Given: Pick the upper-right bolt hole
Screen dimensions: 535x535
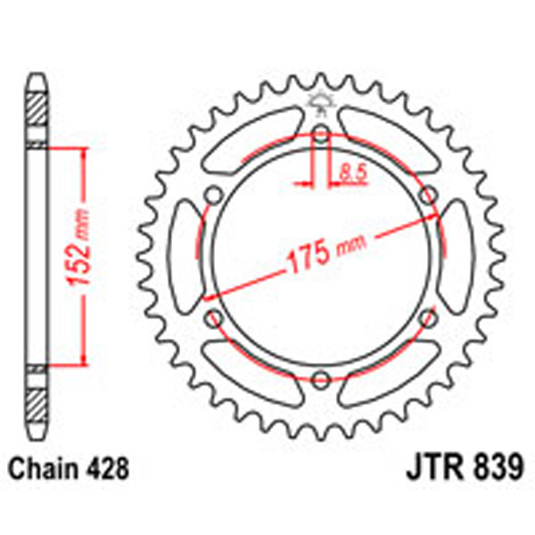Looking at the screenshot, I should pyautogui.click(x=427, y=196).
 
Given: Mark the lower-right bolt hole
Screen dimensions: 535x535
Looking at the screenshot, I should pyautogui.click(x=427, y=317).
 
